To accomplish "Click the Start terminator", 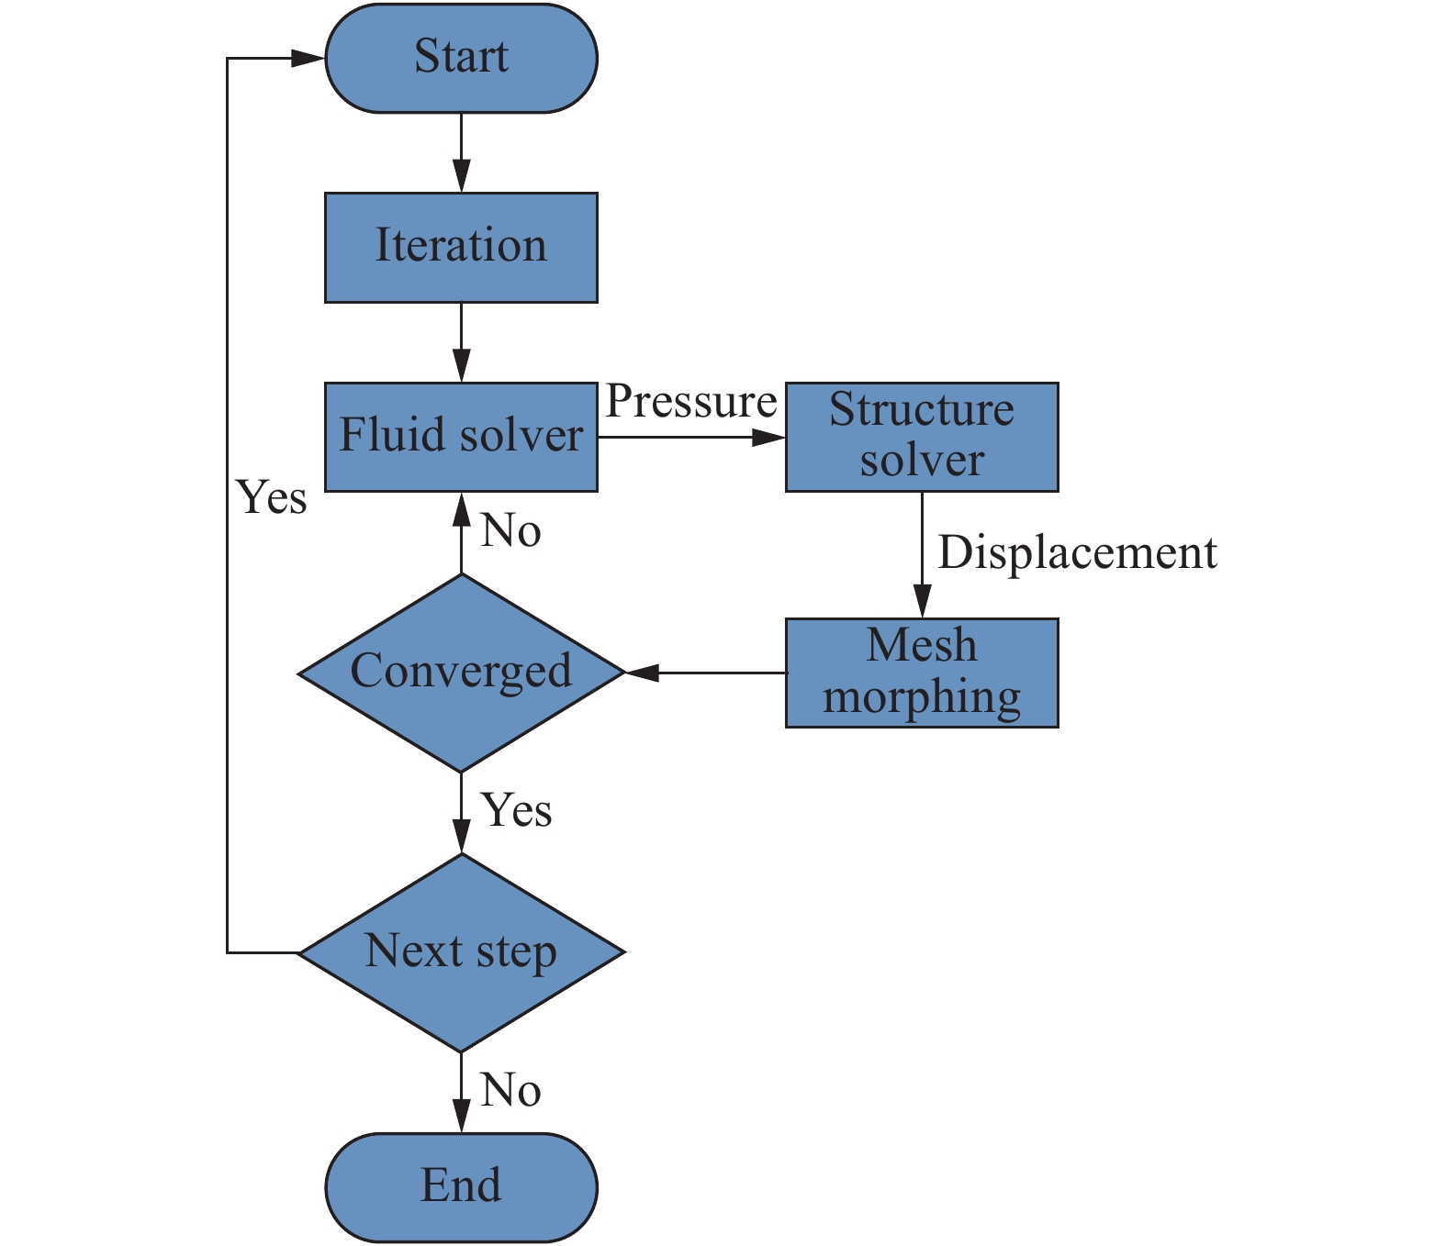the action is (x=461, y=58).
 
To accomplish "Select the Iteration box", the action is (x=461, y=248).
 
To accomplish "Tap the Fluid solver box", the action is (x=461, y=437).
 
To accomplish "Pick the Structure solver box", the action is (x=922, y=437).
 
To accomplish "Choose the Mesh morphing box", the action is (x=922, y=673).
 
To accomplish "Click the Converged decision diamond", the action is (x=461, y=673).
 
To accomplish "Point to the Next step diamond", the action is (x=461, y=952).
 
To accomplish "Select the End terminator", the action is (x=461, y=1187).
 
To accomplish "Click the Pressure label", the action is (x=691, y=403).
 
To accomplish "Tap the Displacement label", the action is (x=1077, y=552).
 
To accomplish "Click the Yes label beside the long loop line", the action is (x=272, y=497).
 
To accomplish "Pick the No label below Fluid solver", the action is (x=510, y=530).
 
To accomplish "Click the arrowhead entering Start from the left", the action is (x=308, y=58).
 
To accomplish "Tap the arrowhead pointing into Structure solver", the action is (x=768, y=438).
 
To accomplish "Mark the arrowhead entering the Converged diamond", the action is (x=643, y=673).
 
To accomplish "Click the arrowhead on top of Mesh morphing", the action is (x=922, y=601).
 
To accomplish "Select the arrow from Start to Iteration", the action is (x=461, y=152).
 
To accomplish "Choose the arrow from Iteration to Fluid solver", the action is (x=461, y=342).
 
